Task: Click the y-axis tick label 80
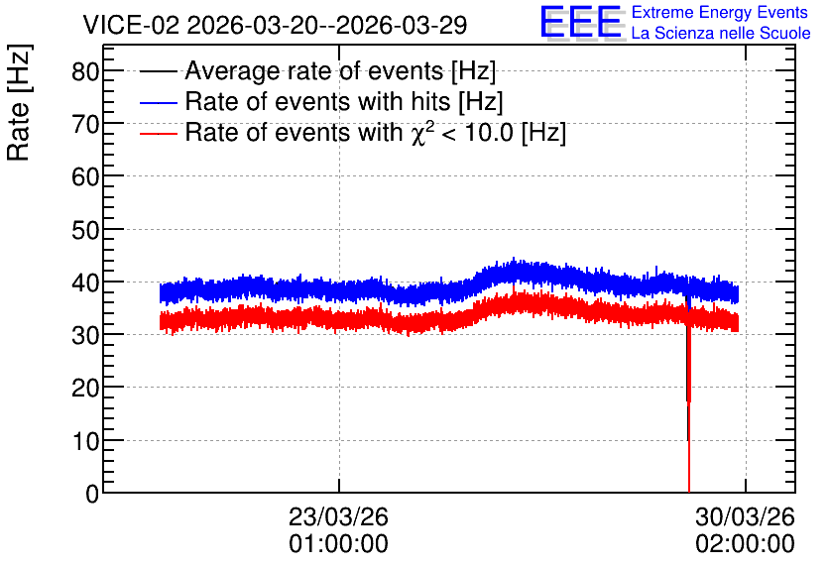tap(85, 71)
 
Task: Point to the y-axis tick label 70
tap(85, 124)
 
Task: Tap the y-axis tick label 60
tap(85, 177)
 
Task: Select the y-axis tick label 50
tap(85, 230)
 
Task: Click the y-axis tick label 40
tap(85, 283)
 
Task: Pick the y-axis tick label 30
tap(85, 336)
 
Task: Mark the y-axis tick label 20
tap(85, 389)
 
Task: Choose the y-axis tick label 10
tap(85, 441)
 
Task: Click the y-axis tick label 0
tap(92, 494)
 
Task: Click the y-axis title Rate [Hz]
tap(19, 102)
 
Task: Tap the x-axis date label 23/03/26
tap(338, 516)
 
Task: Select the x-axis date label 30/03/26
tap(745, 516)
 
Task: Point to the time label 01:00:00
tap(338, 544)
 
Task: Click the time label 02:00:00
tap(745, 544)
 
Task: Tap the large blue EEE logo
tap(581, 22)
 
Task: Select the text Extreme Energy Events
tap(720, 12)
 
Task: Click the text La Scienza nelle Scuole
tap(721, 33)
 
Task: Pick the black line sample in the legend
tap(158, 71)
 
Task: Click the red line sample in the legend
tap(158, 133)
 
